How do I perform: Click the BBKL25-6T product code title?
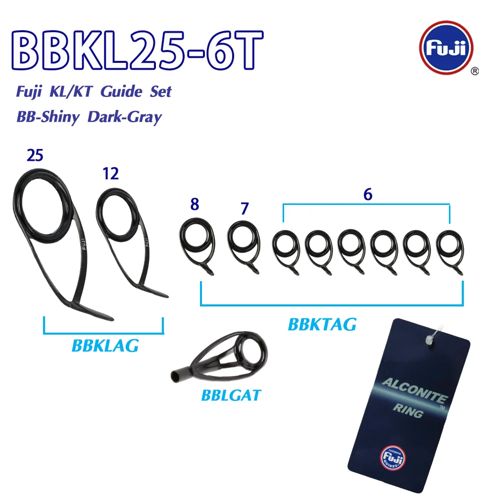(x=137, y=50)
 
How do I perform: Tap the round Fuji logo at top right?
(x=446, y=48)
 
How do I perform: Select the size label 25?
(x=35, y=155)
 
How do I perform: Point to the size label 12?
(x=110, y=174)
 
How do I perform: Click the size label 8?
(x=195, y=204)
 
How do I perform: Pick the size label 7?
(x=245, y=208)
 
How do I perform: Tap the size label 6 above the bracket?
(x=368, y=195)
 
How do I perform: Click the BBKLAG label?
(x=105, y=346)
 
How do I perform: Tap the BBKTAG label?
(x=322, y=324)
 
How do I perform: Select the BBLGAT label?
(x=231, y=395)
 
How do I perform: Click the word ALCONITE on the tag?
(x=414, y=391)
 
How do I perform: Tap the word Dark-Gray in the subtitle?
(x=125, y=117)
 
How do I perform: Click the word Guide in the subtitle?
(x=121, y=92)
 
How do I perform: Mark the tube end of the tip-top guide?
(x=175, y=376)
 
